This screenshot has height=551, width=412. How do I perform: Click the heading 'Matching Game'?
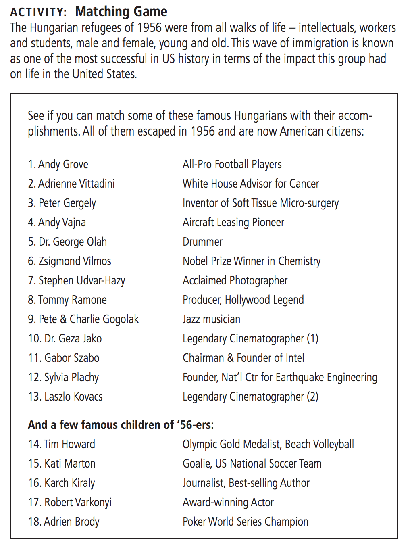(x=121, y=12)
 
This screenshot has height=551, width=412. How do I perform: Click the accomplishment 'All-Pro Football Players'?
(x=232, y=165)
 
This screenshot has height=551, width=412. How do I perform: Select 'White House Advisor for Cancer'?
(x=250, y=184)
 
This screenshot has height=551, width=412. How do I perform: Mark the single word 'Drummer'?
(x=202, y=242)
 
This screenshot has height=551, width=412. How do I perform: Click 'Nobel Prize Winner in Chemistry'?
(x=252, y=261)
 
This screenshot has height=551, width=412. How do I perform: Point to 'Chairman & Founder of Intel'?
(x=243, y=358)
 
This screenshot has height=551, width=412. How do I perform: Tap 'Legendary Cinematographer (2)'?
(x=250, y=397)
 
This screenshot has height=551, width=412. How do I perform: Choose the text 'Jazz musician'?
(x=211, y=319)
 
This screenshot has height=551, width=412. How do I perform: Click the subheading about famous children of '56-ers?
(x=121, y=425)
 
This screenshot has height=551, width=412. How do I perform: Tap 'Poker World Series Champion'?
(x=245, y=522)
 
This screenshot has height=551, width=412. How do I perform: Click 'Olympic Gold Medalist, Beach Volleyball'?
(x=268, y=445)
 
